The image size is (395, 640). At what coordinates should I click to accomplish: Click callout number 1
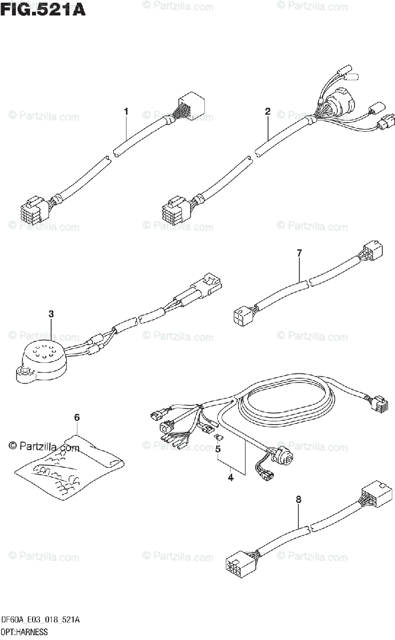point(126,111)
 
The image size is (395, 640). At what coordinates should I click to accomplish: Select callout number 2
point(267,111)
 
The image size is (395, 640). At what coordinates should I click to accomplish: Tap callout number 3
point(51,314)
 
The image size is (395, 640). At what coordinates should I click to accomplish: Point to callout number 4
point(231,477)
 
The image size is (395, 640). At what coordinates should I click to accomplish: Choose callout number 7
point(299,253)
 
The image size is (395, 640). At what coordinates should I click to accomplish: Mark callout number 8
point(298,500)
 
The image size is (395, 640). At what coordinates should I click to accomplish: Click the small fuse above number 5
point(217,438)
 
